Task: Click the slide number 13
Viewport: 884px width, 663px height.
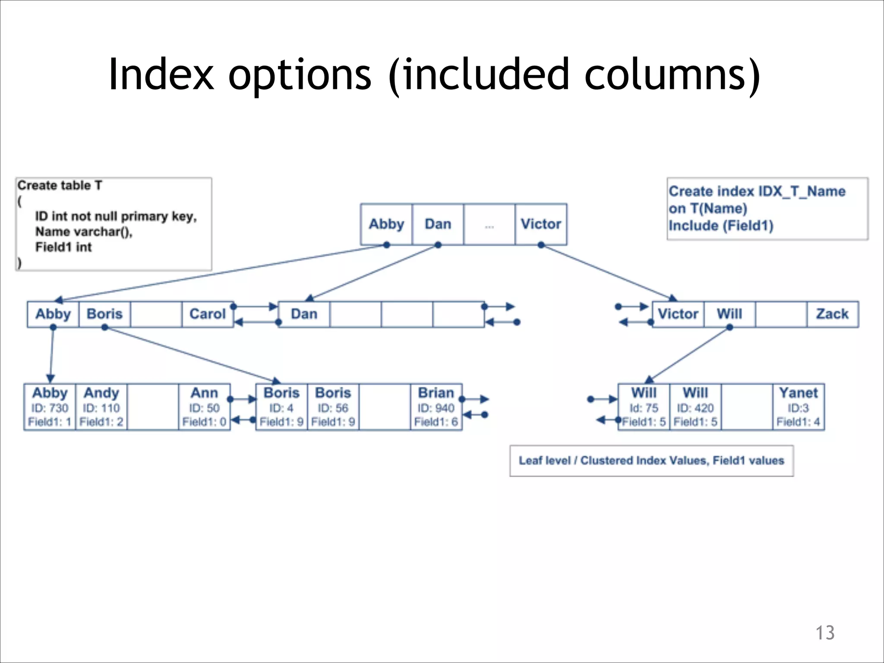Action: click(x=824, y=633)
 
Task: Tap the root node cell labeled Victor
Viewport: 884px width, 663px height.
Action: click(x=541, y=224)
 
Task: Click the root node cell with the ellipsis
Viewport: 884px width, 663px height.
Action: click(x=489, y=224)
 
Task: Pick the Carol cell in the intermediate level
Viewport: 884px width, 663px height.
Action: click(x=208, y=314)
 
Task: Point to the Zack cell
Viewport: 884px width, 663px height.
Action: click(x=832, y=314)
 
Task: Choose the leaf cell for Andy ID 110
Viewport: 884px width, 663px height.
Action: click(x=101, y=407)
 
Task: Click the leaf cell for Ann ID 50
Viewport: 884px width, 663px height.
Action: click(x=204, y=407)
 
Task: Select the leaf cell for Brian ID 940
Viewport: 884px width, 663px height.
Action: click(x=436, y=407)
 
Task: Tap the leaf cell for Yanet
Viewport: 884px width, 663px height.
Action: click(x=798, y=407)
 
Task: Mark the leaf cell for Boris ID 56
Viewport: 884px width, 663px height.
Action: click(x=333, y=407)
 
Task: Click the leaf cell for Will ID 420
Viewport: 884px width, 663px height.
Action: click(x=695, y=407)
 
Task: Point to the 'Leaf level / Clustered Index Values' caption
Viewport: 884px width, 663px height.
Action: click(x=651, y=461)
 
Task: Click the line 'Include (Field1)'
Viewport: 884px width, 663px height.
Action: click(x=721, y=226)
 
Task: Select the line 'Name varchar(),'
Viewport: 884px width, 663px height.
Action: click(x=84, y=232)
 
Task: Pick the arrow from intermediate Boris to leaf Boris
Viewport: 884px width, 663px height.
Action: click(x=192, y=354)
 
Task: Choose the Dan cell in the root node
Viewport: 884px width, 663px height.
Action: click(x=438, y=224)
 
